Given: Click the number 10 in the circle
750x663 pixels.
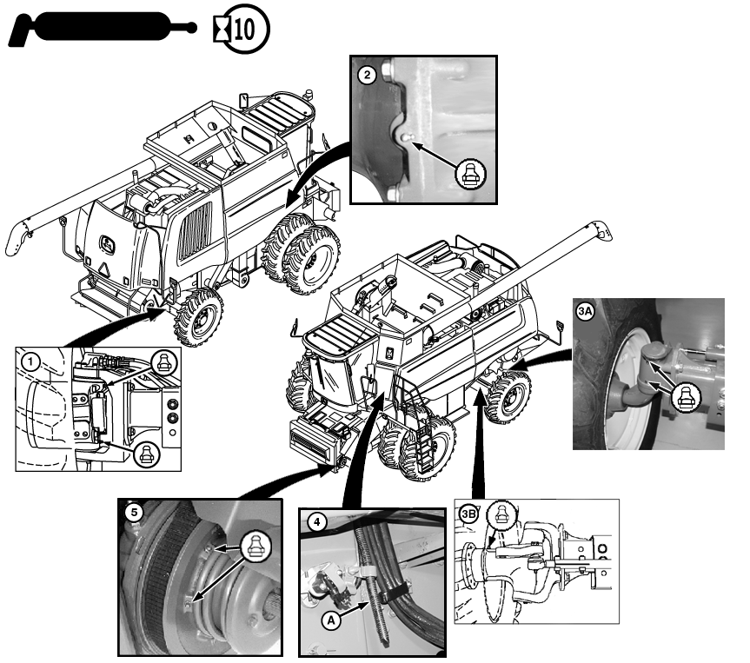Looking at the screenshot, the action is pos(244,30).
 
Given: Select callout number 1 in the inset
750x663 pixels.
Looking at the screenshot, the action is pos(31,361).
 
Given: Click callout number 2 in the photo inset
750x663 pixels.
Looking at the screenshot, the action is pos(367,75).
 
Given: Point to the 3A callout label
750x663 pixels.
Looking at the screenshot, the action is pos(585,312).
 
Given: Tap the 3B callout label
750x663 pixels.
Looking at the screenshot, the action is pos(468,514).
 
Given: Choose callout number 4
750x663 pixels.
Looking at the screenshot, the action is pos(316,522).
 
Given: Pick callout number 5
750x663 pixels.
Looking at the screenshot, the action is pos(134,513).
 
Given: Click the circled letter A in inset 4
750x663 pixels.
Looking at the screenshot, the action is pos(331,620).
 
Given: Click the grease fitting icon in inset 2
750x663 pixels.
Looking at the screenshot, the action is pos(470,174).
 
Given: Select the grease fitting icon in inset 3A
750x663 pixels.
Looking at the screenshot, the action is pos(687,398).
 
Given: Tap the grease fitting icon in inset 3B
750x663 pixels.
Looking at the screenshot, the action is pos(501,515).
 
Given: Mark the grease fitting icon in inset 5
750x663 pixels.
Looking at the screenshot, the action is pos(256,547).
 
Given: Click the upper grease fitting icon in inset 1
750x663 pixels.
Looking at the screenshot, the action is pos(164,363).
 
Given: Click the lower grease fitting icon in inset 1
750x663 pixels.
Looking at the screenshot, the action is pos(146,454).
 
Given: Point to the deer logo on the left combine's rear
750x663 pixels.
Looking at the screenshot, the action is pos(107,244).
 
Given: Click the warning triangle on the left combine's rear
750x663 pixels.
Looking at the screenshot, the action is pos(104,269).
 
